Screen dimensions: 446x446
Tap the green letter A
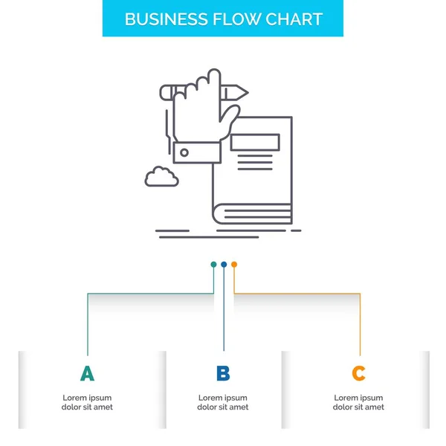(x=87, y=373)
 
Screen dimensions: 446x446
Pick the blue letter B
(x=223, y=373)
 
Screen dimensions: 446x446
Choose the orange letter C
(x=359, y=373)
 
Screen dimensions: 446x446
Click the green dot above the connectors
(x=213, y=264)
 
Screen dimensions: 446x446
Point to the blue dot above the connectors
(x=224, y=264)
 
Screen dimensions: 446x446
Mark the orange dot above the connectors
(x=234, y=264)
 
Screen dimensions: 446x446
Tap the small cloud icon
(x=162, y=177)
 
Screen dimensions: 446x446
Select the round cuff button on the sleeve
(x=184, y=153)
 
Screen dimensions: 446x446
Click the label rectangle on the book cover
(x=255, y=143)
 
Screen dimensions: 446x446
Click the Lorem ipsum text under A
(x=87, y=402)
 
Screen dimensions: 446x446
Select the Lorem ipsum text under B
(x=223, y=402)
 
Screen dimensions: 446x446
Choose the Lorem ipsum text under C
(x=359, y=402)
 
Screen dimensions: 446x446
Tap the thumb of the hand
(x=233, y=114)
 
